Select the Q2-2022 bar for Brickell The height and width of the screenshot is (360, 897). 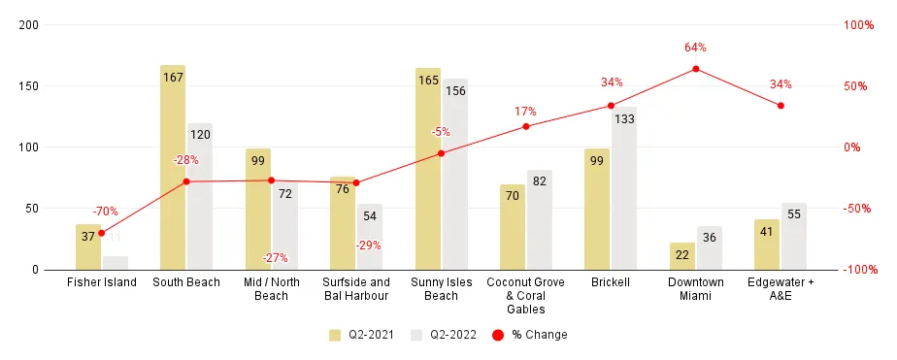[x=624, y=188]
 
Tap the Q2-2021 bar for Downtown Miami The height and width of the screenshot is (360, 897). [x=682, y=256]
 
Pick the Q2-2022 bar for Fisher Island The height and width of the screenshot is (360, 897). [x=116, y=262]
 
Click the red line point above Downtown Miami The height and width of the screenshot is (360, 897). [x=696, y=69]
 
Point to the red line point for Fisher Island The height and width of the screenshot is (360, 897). [x=101, y=233]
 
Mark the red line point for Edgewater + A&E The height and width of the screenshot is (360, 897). [x=781, y=106]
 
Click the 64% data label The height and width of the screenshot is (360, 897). [x=696, y=47]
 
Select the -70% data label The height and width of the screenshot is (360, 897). [x=106, y=211]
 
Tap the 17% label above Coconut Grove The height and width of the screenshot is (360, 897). [x=525, y=112]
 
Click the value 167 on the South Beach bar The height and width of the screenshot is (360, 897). [x=173, y=78]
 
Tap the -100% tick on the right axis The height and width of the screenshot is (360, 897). [x=858, y=270]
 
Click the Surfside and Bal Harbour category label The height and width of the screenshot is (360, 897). [x=355, y=289]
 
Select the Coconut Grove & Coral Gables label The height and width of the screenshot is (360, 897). [x=525, y=295]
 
